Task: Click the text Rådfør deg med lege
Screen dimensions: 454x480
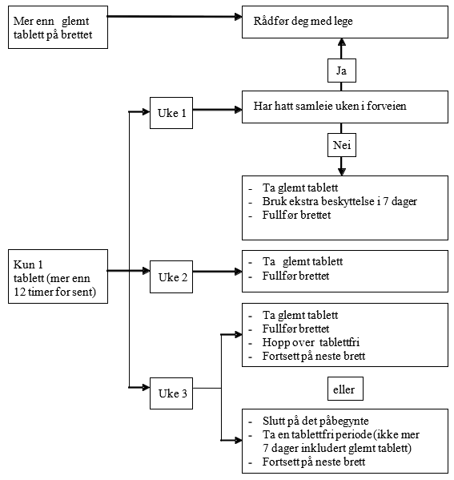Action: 303,21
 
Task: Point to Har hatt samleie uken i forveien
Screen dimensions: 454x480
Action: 330,106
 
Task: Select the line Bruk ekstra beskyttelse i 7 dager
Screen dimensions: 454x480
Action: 339,201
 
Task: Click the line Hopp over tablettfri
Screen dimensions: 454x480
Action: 311,342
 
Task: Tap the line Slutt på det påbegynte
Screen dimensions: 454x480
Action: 315,421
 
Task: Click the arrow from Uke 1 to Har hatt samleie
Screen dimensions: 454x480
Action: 218,110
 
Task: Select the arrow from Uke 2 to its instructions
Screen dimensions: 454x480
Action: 218,271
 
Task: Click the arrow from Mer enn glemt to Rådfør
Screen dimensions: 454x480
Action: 175,17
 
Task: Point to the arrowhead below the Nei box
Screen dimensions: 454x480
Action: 342,171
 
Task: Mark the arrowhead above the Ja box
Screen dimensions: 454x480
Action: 342,42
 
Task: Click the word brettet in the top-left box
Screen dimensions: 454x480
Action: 77,34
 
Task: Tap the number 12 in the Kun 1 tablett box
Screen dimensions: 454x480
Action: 19,292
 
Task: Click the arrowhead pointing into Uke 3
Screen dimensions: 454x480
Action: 146,388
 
